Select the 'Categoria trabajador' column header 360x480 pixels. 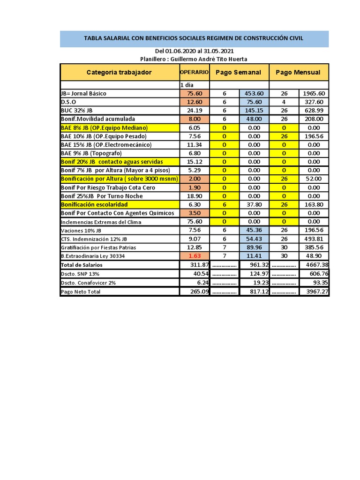[x=119, y=72]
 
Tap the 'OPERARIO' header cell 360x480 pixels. [x=194, y=72]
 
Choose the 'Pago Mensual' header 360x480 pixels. [x=298, y=72]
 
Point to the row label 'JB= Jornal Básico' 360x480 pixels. [x=84, y=93]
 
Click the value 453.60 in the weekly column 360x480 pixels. [x=254, y=93]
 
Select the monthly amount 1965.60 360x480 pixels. [x=314, y=93]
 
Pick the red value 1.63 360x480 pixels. [x=194, y=256]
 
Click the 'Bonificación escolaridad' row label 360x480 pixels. [x=94, y=205]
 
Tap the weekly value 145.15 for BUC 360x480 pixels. [x=254, y=111]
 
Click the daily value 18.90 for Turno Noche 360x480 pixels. [x=194, y=196]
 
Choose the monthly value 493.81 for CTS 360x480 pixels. [x=314, y=239]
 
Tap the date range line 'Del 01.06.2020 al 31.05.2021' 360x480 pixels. [x=194, y=51]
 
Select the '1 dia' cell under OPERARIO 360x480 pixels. [x=187, y=85]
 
